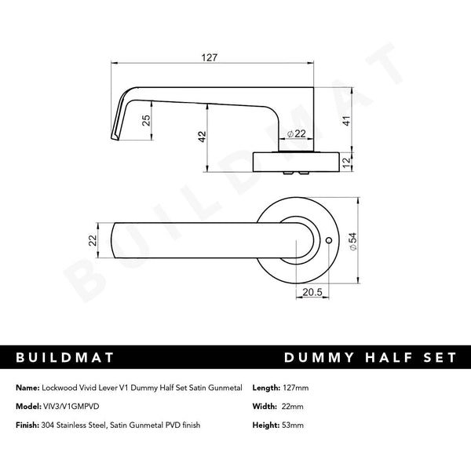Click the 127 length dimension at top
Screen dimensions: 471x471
pyautogui.click(x=208, y=57)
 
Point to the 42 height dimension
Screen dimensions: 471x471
pyautogui.click(x=203, y=134)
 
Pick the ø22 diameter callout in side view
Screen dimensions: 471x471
pyautogui.click(x=296, y=134)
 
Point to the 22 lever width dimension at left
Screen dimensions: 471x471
pyautogui.click(x=92, y=240)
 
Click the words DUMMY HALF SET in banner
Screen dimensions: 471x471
pyautogui.click(x=369, y=357)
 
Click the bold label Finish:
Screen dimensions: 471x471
pyautogui.click(x=29, y=425)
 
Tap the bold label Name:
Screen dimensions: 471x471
pyautogui.click(x=27, y=389)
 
